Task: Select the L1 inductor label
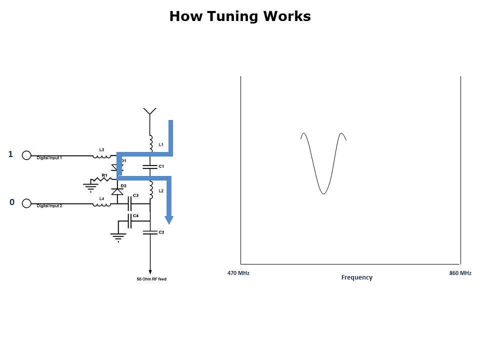[x=161, y=144]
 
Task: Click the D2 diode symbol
[x=117, y=191]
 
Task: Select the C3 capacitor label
[x=135, y=195]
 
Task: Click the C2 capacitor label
[x=161, y=232]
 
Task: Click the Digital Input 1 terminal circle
[x=27, y=155]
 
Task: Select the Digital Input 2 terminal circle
[x=27, y=203]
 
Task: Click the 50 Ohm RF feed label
[x=151, y=279]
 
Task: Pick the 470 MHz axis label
[x=238, y=273]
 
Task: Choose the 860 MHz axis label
[x=460, y=273]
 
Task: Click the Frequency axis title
[x=356, y=277]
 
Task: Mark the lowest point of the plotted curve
[x=323, y=193]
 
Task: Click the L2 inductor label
[x=161, y=191]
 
